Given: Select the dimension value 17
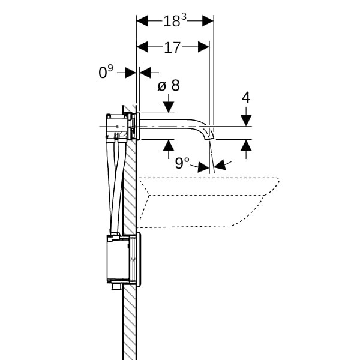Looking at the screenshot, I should coord(172,47).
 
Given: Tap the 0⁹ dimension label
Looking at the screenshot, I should coord(106,73).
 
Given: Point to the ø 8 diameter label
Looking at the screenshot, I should coord(168,86).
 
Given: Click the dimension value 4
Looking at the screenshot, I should coord(246,97).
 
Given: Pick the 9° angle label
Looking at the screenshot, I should coord(182,163).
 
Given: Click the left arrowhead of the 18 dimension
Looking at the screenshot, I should coord(142,20).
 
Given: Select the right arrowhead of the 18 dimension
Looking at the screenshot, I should coord(208,20).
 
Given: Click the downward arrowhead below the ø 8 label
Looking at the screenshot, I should coord(168,107).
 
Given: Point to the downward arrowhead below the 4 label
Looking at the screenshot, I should coord(246,120).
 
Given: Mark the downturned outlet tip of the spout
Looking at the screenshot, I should coord(210,133).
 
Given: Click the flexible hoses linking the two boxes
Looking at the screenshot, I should coord(116,186).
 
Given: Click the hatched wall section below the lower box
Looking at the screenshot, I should coord(130,324).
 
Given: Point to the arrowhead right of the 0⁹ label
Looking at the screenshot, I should coord(145,73).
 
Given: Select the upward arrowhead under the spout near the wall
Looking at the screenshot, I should coord(168,145).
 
